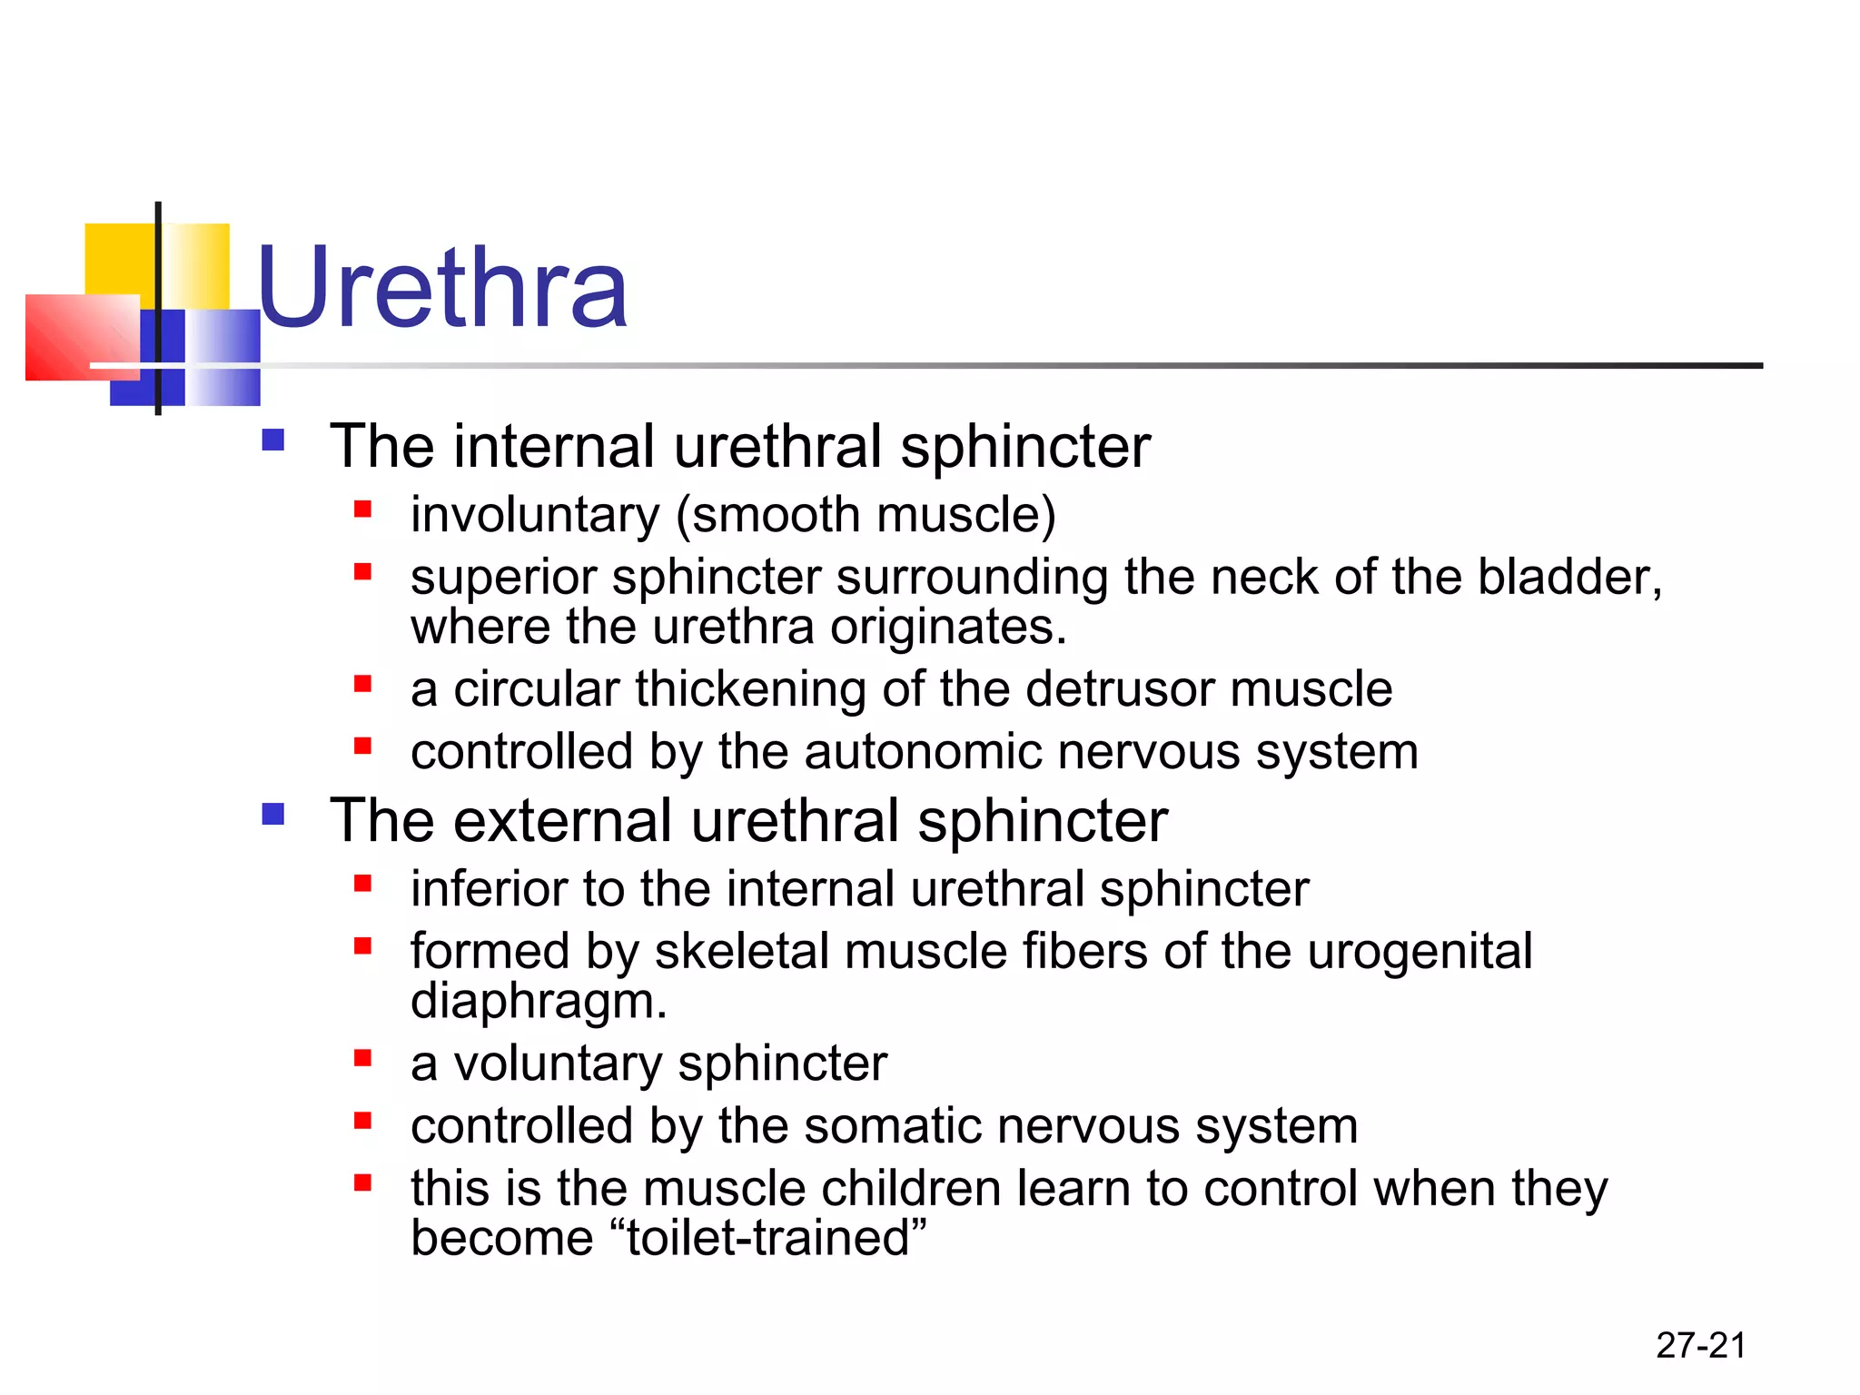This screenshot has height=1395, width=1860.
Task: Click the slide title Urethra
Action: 442,289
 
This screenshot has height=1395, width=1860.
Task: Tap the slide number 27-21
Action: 1700,1345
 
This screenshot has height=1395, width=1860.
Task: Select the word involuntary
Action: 535,515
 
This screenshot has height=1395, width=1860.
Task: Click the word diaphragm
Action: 539,1001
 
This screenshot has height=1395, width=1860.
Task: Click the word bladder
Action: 1568,577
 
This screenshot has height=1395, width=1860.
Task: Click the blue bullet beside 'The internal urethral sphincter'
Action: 272,440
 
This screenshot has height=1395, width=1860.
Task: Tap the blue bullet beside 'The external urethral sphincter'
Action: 272,814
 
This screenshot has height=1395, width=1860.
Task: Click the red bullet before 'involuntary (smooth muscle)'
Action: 363,509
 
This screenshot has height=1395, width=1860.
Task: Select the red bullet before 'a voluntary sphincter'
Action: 363,1057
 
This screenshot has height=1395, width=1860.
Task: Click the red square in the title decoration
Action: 80,337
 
